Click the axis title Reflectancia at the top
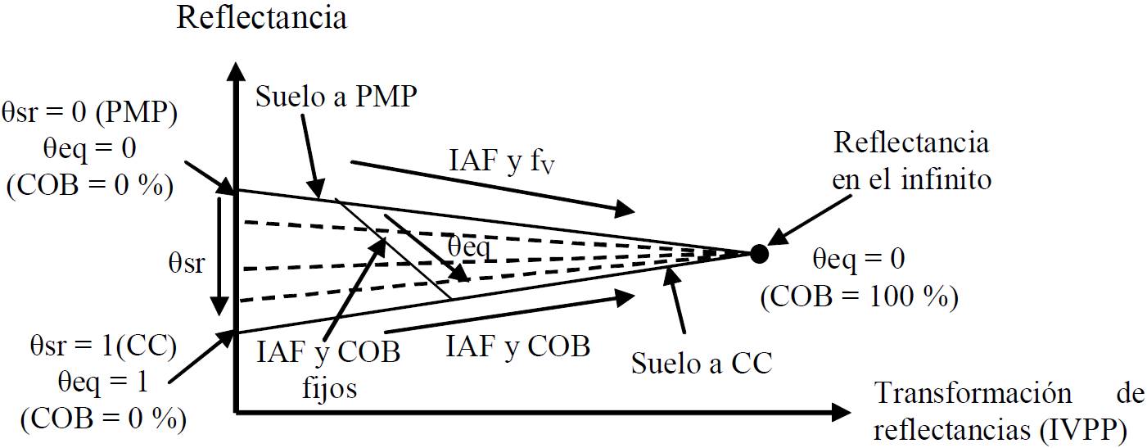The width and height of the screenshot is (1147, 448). (261, 18)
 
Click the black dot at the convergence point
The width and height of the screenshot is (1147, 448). (759, 253)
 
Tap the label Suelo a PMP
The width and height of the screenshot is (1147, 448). (337, 98)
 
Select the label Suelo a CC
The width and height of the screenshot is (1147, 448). (702, 363)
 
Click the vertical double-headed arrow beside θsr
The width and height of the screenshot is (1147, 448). (221, 254)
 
